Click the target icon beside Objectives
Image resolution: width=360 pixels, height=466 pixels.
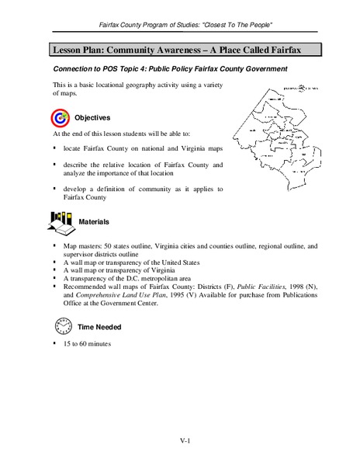[x=60, y=117]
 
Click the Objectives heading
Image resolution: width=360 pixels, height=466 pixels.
[x=92, y=117]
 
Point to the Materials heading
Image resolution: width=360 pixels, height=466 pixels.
[x=95, y=222]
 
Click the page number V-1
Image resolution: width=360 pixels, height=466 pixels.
[x=180, y=440]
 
